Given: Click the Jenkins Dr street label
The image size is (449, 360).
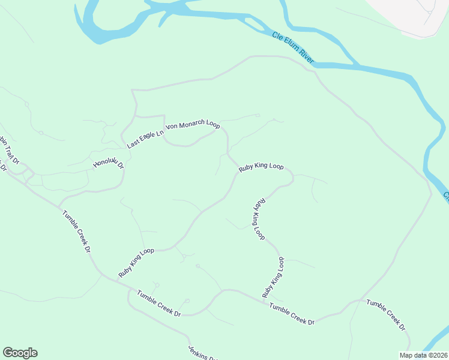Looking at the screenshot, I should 202,353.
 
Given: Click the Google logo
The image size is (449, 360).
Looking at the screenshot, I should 20,353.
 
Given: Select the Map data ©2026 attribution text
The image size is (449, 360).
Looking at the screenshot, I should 423,355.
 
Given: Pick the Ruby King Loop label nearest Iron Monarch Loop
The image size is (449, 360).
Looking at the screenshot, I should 261,167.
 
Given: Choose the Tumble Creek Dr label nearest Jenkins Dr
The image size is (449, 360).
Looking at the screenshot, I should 159,304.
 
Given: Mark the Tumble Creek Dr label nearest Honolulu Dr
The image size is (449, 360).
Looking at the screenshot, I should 79,231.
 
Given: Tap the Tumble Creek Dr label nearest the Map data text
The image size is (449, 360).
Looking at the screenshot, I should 386,315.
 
